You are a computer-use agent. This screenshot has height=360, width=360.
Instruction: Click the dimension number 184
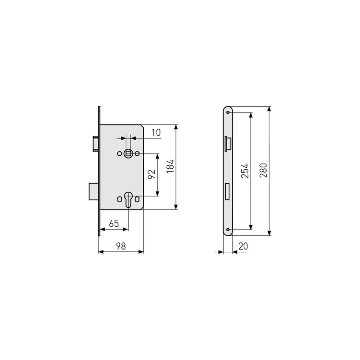[170, 166]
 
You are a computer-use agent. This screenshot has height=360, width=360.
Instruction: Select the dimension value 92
[151, 174]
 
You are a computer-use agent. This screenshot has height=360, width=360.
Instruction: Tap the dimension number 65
[114, 223]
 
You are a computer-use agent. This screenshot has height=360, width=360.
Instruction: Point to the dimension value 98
[121, 246]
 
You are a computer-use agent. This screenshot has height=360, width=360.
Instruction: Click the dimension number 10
[156, 133]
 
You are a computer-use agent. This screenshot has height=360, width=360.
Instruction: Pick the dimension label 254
[245, 171]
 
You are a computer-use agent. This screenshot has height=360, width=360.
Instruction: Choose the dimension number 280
[263, 170]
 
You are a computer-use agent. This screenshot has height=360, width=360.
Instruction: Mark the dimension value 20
[243, 246]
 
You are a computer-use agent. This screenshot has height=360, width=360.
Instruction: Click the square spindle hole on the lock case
[128, 154]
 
